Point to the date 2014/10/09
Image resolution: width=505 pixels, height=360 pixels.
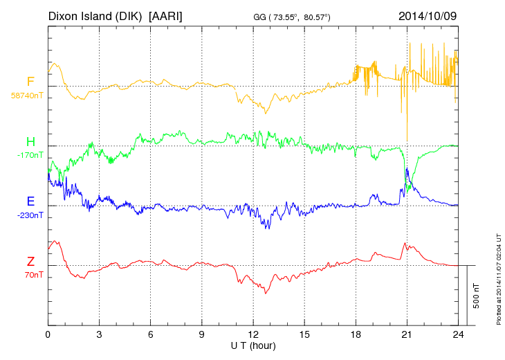(428, 15)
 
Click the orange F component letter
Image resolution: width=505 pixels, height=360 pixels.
(30, 82)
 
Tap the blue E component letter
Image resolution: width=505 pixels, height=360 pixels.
(30, 202)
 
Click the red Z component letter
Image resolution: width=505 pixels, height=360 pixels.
(30, 262)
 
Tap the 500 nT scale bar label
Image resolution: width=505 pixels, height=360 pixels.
(477, 296)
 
